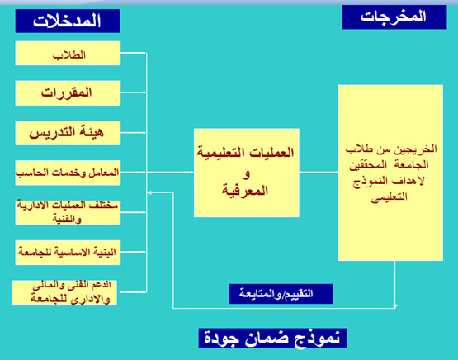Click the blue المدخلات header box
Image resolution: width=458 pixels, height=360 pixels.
coord(68,21)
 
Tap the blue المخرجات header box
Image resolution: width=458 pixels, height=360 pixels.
coord(394,17)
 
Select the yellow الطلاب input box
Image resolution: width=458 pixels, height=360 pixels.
coord(68,53)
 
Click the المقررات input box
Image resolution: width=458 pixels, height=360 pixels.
coord(68,93)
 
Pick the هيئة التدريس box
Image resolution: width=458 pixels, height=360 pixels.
coord(68,133)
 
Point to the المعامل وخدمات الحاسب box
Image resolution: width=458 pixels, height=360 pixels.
coord(68,173)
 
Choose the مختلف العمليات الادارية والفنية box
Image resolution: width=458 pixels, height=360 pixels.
coord(68,212)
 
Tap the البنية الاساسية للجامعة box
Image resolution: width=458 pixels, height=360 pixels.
coord(68,253)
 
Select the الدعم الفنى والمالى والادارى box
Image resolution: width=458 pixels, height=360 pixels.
coord(64,292)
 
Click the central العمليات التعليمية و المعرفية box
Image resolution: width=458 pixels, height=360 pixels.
coord(247,173)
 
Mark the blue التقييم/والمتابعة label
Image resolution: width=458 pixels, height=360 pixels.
coord(281,294)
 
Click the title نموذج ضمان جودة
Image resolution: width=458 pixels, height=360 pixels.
coord(272,338)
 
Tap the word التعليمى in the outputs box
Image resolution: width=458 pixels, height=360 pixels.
coord(389,197)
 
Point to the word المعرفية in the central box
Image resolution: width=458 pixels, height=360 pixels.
coord(245,191)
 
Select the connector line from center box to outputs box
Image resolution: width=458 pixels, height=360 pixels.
coord(320,173)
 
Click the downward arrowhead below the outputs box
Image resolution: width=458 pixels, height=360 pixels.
coord(395,306)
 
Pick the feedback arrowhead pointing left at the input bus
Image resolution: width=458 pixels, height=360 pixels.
coord(149,193)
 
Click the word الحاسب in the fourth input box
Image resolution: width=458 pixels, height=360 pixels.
coord(26,173)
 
